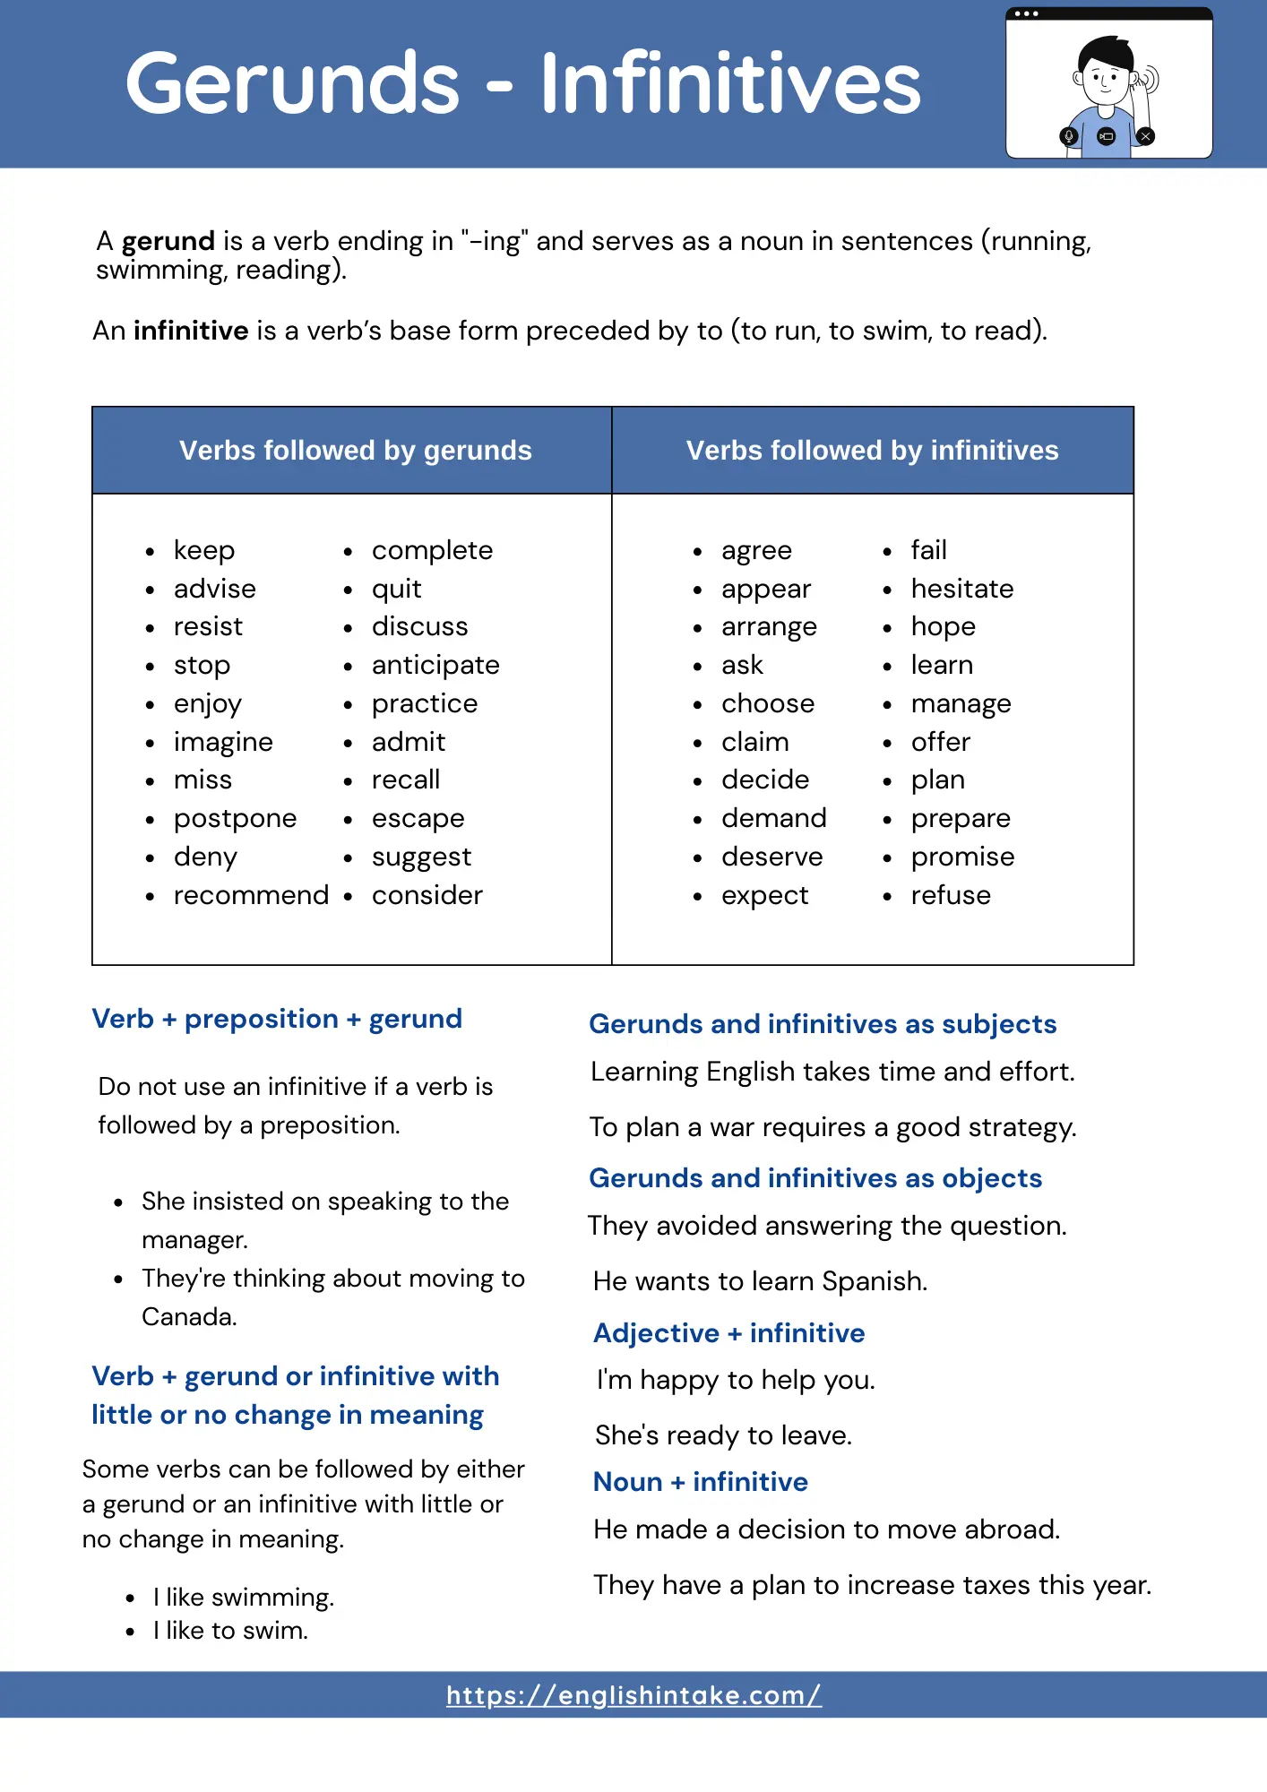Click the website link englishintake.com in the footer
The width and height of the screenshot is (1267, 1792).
[x=633, y=1695]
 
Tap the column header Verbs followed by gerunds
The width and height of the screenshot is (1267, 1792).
[x=355, y=450]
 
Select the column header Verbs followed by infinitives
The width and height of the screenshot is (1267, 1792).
[x=872, y=450]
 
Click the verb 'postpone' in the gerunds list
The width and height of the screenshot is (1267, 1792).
[x=235, y=819]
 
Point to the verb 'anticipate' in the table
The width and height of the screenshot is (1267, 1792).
[x=435, y=666]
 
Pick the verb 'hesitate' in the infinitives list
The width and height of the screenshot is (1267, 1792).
[x=961, y=589]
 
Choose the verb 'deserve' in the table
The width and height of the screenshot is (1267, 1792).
[x=771, y=857]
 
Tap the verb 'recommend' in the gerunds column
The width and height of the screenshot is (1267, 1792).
[x=251, y=895]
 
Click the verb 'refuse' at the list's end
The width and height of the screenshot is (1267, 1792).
[x=950, y=895]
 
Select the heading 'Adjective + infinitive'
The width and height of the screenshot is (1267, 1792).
[x=728, y=1333]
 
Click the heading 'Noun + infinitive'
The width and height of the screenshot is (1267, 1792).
[x=700, y=1482]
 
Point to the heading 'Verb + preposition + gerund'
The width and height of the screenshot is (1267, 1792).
[x=277, y=1019]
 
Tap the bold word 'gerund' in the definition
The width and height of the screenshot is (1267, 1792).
[x=168, y=241]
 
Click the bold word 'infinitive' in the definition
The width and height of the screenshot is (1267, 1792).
[x=190, y=331]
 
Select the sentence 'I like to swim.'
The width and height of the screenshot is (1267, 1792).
[x=230, y=1631]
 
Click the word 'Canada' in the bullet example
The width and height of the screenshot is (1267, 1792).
[x=188, y=1317]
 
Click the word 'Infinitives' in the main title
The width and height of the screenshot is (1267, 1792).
[x=730, y=83]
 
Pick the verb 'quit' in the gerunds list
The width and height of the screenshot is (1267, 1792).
[x=396, y=590]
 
